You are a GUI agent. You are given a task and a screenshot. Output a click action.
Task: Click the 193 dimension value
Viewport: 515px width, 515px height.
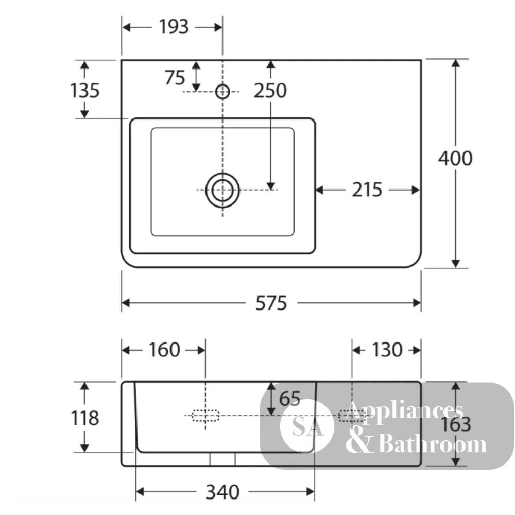click(174, 27)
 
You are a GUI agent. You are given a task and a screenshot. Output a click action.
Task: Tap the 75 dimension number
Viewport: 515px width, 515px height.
click(175, 78)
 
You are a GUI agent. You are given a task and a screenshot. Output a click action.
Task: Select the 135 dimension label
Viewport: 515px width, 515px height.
click(85, 90)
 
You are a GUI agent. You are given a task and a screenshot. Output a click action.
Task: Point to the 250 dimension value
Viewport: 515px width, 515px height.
click(270, 91)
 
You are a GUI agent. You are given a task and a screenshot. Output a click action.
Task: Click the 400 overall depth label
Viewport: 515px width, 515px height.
click(455, 158)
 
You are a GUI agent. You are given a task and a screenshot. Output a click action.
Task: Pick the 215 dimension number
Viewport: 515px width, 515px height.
click(367, 190)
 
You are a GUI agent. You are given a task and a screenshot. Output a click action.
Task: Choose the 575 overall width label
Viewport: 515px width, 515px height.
click(271, 303)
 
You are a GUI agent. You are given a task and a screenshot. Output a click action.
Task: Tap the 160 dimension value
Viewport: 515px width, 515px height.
click(164, 350)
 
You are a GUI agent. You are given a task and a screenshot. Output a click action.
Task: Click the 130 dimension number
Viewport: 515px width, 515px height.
click(387, 350)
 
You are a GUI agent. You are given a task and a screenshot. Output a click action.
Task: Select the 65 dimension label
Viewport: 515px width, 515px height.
click(289, 399)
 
